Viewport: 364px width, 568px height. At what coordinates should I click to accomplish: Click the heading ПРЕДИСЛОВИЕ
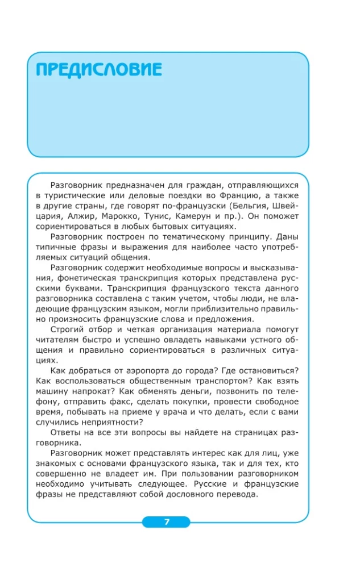click(98, 70)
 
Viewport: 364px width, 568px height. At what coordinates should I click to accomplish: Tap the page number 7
click(166, 523)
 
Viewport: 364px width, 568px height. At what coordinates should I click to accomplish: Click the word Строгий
click(68, 329)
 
